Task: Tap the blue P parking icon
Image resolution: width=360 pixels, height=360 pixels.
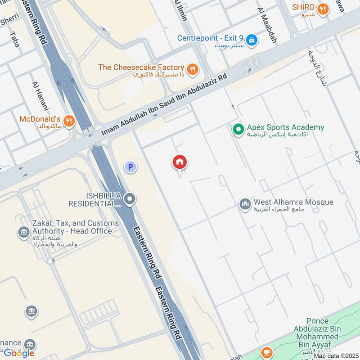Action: (130, 167)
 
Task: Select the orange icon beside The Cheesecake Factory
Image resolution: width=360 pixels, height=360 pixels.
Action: (193, 69)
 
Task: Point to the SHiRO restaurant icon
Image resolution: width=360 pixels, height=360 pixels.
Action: (322, 9)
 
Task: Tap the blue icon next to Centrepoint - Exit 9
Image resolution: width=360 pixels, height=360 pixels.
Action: (252, 40)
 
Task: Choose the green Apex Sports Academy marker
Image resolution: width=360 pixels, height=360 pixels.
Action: (238, 130)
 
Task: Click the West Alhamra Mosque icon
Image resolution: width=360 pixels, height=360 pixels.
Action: (245, 205)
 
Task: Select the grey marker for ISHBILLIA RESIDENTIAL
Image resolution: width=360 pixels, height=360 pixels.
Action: (130, 198)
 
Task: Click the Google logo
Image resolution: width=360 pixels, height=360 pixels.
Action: (19, 353)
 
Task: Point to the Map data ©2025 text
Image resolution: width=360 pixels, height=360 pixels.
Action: (336, 356)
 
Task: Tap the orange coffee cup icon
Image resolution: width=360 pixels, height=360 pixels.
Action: (267, 351)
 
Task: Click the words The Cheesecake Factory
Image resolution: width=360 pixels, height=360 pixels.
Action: (141, 67)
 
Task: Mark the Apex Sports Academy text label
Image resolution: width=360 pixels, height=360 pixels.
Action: (285, 127)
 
